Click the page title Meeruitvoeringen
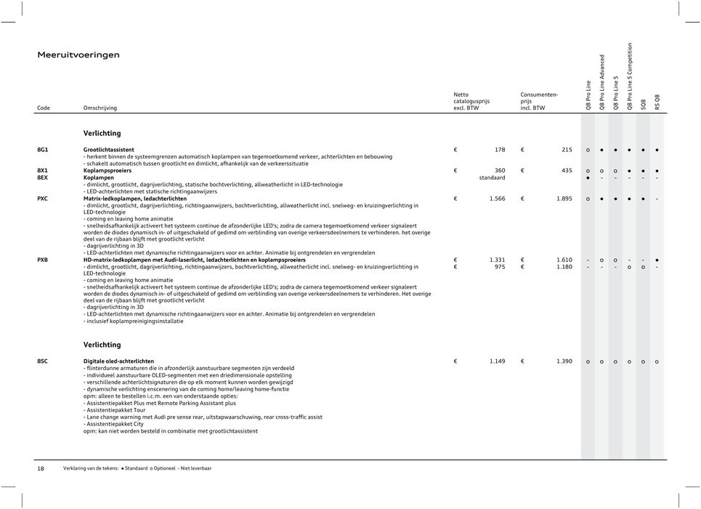click(x=78, y=55)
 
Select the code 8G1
click(x=43, y=150)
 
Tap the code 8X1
click(x=43, y=170)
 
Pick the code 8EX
click(x=43, y=177)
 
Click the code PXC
click(x=43, y=199)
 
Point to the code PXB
click(x=43, y=260)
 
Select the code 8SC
click(x=43, y=361)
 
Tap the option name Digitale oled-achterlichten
click(x=118, y=361)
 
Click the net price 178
click(x=500, y=150)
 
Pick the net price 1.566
click(x=497, y=199)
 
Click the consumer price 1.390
click(x=563, y=361)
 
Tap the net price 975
click(x=500, y=267)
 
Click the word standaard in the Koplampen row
click(x=492, y=177)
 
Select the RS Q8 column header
click(x=657, y=102)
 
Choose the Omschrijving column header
click(x=100, y=108)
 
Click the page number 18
click(x=41, y=468)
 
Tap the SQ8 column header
click(x=643, y=105)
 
